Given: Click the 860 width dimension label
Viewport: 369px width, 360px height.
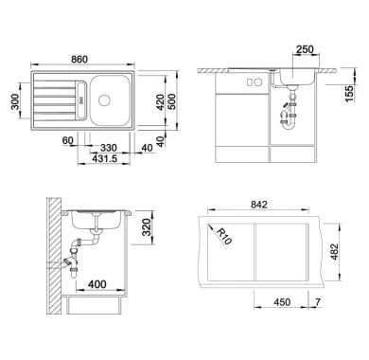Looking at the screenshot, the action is pyautogui.click(x=79, y=59).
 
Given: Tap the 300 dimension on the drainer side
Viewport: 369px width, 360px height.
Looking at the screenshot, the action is pyautogui.click(x=16, y=101).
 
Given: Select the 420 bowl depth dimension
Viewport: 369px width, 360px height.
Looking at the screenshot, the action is pyautogui.click(x=161, y=102).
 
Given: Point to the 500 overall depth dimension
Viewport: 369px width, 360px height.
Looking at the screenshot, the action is pyautogui.click(x=172, y=102).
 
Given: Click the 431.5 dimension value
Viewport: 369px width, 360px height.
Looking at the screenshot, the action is pyautogui.click(x=104, y=158).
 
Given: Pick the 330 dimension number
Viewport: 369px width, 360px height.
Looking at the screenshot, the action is pyautogui.click(x=108, y=148).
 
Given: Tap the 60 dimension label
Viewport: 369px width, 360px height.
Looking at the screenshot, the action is pyautogui.click(x=67, y=140).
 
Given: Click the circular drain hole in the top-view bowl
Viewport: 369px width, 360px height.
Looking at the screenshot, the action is pyautogui.click(x=104, y=100).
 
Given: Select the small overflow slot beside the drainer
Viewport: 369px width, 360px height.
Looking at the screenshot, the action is pyautogui.click(x=80, y=100).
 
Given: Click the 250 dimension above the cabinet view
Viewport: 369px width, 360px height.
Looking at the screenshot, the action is pyautogui.click(x=305, y=49).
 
